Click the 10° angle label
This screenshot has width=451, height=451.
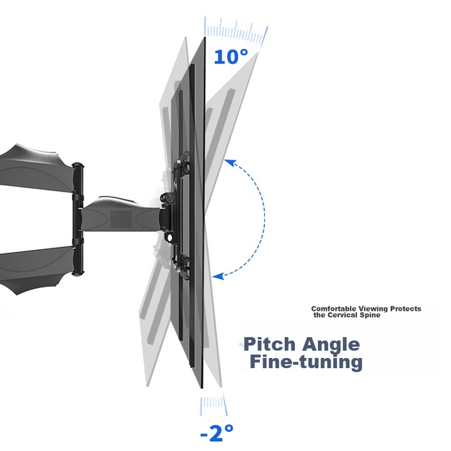[x=231, y=57]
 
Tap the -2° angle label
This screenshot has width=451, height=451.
[x=217, y=432]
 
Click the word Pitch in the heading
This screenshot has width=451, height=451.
[x=269, y=344]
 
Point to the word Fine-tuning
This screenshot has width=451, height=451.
[x=306, y=362]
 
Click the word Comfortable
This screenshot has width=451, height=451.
[x=334, y=309]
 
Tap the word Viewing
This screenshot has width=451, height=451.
[x=373, y=309]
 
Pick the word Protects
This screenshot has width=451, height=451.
[x=406, y=309]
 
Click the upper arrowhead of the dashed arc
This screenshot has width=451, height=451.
[x=230, y=163]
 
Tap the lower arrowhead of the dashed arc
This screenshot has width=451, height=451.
[x=218, y=276]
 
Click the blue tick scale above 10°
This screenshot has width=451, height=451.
[x=236, y=31]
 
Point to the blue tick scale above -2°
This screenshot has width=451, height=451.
[x=213, y=406]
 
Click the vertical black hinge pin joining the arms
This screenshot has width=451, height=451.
[x=77, y=219]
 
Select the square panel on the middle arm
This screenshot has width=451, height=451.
[x=121, y=220]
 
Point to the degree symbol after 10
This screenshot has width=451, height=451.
[x=243, y=53]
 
